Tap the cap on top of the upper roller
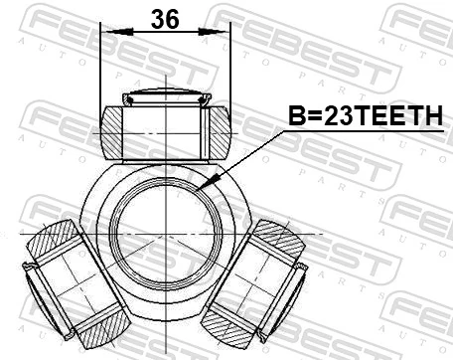coord(164,97)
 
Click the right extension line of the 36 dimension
coord(228,70)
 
